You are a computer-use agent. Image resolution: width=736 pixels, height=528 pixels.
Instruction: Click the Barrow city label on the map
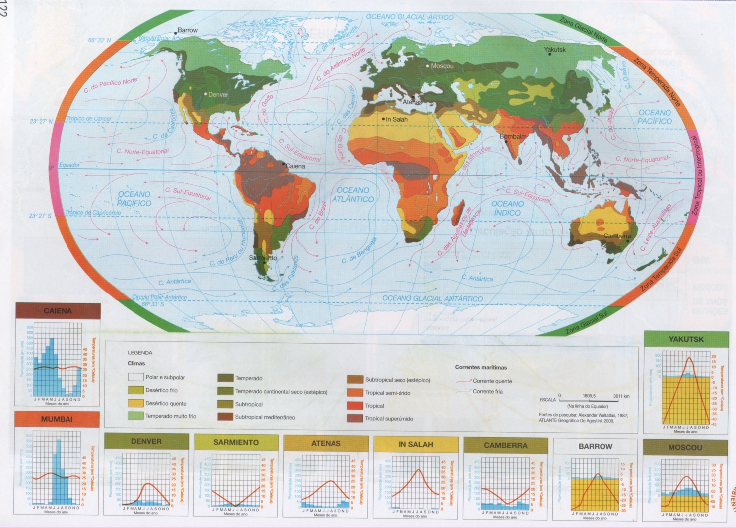(187, 30)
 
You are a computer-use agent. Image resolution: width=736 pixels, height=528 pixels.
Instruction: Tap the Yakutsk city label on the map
(554, 50)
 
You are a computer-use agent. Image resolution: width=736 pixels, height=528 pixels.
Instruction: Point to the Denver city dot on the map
(206, 94)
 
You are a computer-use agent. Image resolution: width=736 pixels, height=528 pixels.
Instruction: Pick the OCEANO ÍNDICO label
(507, 208)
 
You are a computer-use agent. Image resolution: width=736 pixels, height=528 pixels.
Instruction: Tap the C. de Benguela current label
(359, 251)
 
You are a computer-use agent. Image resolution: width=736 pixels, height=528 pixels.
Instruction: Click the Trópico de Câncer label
(89, 119)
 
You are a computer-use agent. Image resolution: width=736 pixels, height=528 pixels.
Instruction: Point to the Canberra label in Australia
(617, 236)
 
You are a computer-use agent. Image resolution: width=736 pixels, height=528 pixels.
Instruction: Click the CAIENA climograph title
(58, 311)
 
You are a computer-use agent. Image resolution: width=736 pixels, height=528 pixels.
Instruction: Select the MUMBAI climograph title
(57, 419)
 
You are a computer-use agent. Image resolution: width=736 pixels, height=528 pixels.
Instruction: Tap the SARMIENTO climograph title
(236, 442)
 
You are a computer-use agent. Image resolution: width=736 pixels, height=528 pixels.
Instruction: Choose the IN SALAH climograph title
(415, 444)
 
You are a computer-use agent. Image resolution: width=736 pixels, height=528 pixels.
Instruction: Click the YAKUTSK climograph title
(686, 339)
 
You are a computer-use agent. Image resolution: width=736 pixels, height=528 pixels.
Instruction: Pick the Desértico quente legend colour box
(135, 403)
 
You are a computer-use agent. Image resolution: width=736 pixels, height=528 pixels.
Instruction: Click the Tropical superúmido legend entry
(389, 419)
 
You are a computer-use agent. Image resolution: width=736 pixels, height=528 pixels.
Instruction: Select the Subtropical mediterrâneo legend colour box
(225, 417)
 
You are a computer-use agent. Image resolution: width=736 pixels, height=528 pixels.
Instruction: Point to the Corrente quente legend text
(492, 381)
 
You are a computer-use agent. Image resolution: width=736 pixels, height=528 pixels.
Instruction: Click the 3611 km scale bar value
(621, 396)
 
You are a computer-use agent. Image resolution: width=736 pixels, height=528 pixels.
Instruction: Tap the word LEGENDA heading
(140, 353)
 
